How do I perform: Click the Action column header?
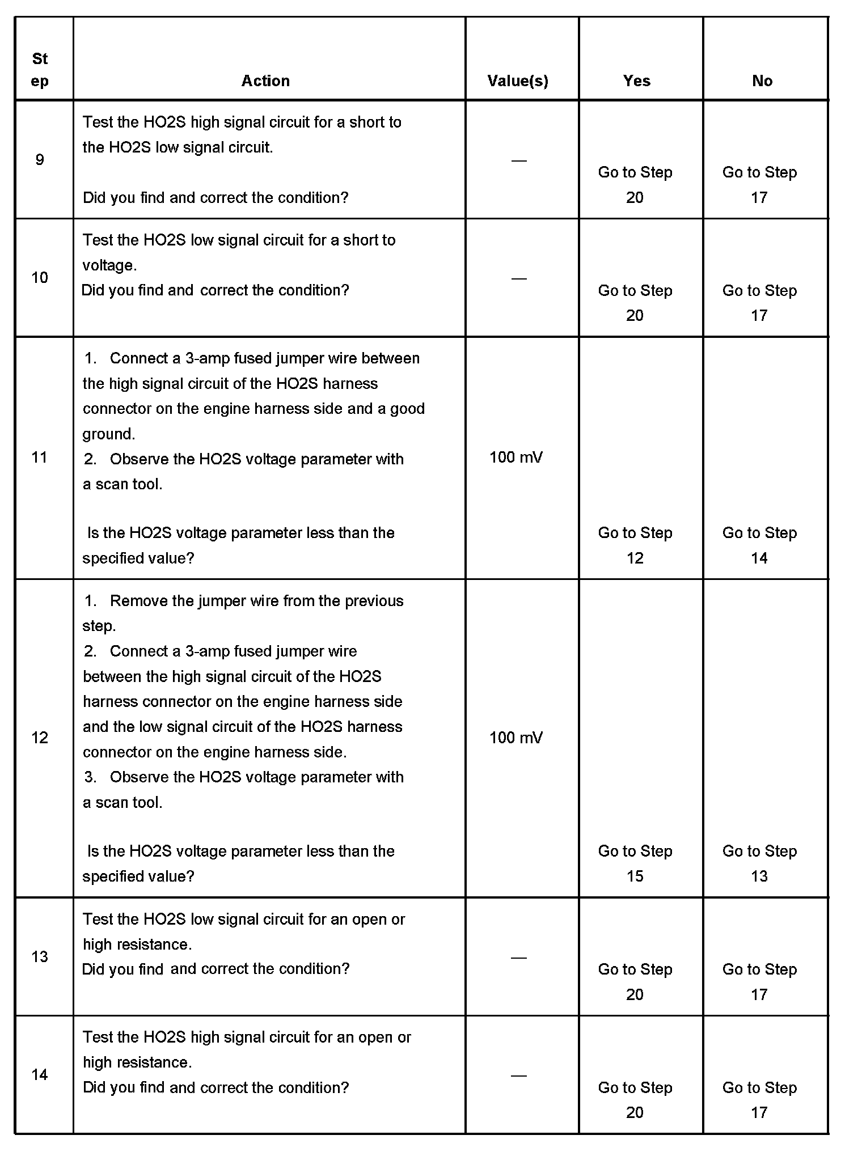point(265,81)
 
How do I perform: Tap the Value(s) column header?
point(518,81)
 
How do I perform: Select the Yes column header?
point(636,81)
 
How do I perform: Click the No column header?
point(762,81)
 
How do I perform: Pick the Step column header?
point(40,70)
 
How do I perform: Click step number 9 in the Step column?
point(40,160)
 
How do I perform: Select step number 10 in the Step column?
point(40,278)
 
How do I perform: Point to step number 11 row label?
point(40,458)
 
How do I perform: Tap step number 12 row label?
point(40,738)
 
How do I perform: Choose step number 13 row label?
point(40,957)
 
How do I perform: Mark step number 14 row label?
point(40,1075)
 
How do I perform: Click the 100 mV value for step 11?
point(516,458)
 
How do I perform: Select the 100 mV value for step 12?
point(516,738)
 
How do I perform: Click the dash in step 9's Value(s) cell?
point(519,160)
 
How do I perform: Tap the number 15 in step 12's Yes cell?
point(635,876)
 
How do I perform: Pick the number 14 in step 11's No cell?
point(759,558)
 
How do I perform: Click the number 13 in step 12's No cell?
point(759,876)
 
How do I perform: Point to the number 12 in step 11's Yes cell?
point(635,558)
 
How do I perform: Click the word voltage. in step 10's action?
point(109,265)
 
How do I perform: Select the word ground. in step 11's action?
point(109,434)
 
